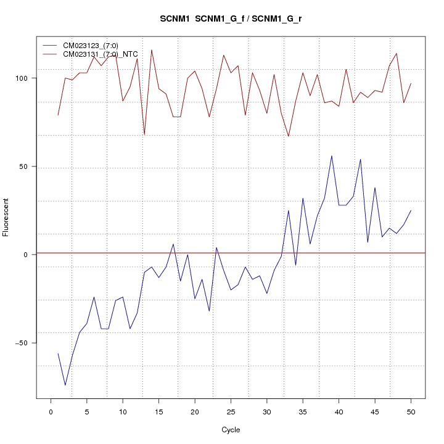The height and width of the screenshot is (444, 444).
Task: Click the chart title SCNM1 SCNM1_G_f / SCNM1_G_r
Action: (231, 18)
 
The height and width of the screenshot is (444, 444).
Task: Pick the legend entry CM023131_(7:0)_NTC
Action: (100, 54)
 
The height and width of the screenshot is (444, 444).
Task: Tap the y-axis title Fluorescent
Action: (7, 217)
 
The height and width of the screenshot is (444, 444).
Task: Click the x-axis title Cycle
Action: (230, 430)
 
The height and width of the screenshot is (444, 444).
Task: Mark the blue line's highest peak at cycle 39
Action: (332, 155)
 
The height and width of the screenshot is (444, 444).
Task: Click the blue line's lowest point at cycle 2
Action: (65, 385)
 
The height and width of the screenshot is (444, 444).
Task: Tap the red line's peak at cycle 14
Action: (152, 50)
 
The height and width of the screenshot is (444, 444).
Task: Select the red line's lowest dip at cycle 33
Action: (289, 136)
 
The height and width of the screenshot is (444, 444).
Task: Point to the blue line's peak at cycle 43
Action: (360, 159)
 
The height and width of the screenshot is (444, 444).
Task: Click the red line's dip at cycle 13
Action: (144, 134)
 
